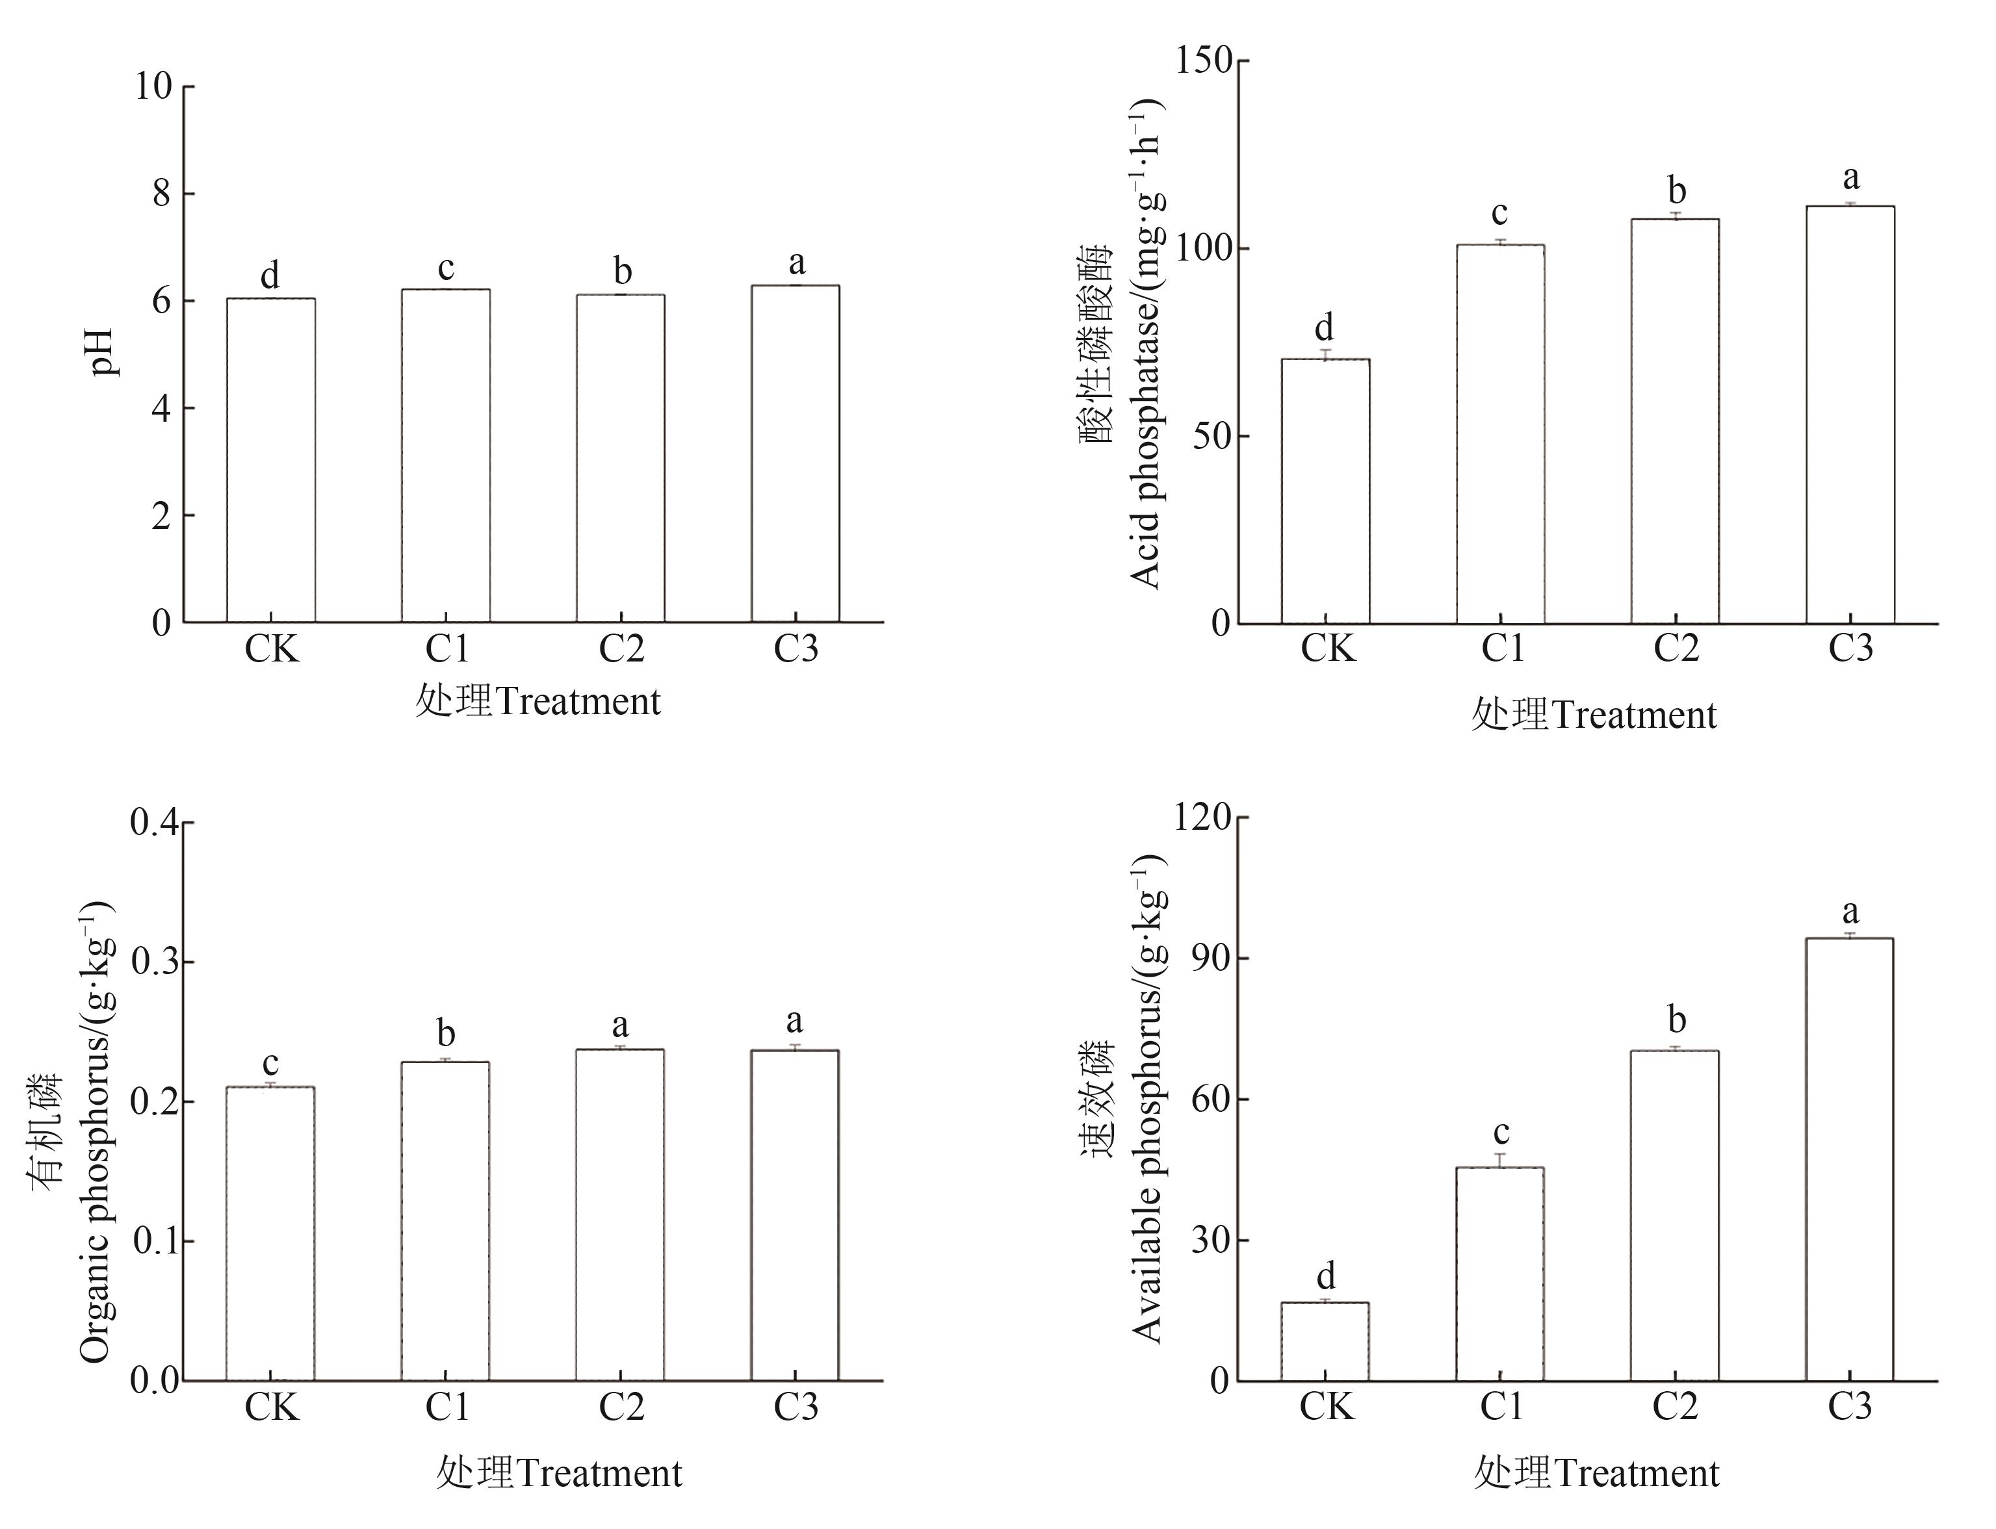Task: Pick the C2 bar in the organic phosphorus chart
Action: click(x=620, y=1215)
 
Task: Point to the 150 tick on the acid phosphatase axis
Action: click(x=1203, y=61)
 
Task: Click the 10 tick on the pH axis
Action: click(x=153, y=86)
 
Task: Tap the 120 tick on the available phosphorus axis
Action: click(x=1203, y=817)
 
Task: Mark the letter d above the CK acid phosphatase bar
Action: click(x=1325, y=327)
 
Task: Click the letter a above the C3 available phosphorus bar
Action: click(x=1850, y=912)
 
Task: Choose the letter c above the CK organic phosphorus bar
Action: click(x=270, y=1063)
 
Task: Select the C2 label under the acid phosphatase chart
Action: click(x=1676, y=649)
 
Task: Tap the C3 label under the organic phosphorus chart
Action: click(x=796, y=1407)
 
